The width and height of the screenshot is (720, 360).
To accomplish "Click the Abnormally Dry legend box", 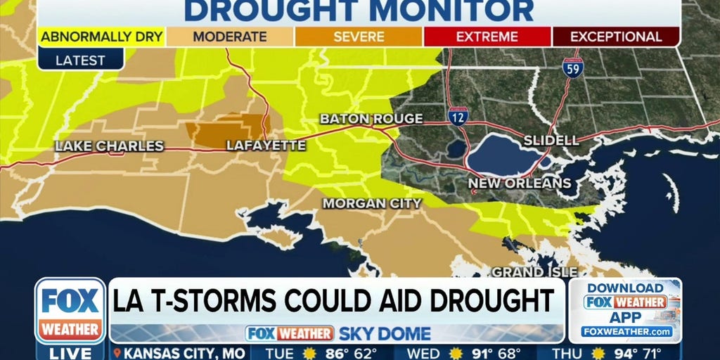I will (101, 37).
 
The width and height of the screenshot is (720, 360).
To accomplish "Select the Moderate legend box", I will (230, 37).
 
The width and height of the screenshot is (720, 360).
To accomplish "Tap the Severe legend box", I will (359, 37).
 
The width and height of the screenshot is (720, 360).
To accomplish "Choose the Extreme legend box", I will (487, 37).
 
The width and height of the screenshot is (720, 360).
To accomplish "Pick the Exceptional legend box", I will (616, 37).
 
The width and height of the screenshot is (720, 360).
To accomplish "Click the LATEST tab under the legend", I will (80, 60).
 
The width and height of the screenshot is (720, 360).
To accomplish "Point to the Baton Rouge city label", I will (371, 119).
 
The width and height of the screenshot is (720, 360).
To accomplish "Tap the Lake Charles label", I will (109, 146).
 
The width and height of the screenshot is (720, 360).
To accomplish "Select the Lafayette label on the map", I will (266, 146).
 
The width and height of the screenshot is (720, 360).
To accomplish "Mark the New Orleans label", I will (520, 184).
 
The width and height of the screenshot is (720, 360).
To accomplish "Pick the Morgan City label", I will (372, 203).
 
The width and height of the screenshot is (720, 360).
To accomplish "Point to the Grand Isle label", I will (534, 271).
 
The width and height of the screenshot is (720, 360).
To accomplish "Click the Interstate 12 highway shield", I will (458, 117).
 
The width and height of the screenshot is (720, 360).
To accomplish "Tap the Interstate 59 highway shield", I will (573, 67).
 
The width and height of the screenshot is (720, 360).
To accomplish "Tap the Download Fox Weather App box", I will (625, 310).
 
